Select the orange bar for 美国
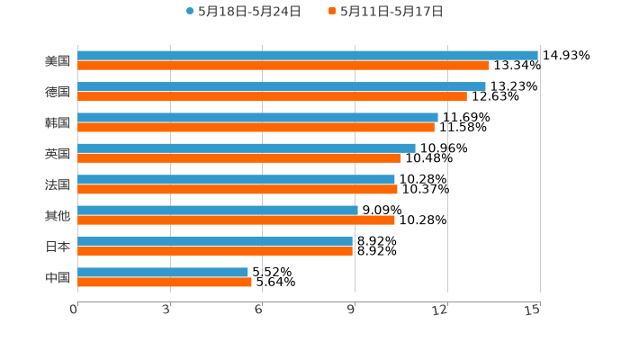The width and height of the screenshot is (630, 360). (x=283, y=66)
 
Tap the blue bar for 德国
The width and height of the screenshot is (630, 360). (x=282, y=86)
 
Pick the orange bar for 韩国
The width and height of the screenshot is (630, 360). (x=256, y=128)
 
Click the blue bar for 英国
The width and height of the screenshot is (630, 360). (x=247, y=148)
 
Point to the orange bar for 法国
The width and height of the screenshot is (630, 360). (x=238, y=189)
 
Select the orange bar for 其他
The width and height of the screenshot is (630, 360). (x=236, y=220)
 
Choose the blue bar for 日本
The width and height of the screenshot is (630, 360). (x=215, y=241)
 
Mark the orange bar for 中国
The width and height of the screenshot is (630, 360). (x=165, y=282)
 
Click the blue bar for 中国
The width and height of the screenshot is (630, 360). (x=163, y=272)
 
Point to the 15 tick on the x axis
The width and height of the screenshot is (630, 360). (x=533, y=310)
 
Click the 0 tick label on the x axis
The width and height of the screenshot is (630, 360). (x=74, y=310)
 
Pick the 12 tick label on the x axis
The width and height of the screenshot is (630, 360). (x=440, y=310)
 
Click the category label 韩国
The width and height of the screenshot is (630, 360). (x=58, y=122)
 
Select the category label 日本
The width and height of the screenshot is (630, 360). (x=58, y=247)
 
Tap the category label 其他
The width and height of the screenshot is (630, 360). (x=58, y=215)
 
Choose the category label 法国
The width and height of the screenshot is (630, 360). (x=58, y=184)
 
